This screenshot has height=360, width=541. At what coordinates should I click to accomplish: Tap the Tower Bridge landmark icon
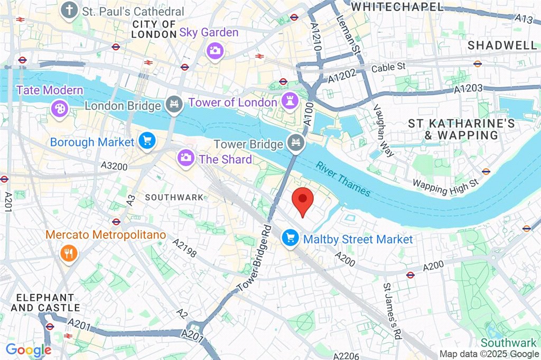[294, 142]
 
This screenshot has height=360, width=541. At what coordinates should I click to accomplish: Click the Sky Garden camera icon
[215, 51]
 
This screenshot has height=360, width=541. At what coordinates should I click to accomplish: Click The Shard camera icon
[185, 157]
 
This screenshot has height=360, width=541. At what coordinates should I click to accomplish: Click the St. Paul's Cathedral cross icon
[68, 10]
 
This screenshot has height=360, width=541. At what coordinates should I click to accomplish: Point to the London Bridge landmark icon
[172, 104]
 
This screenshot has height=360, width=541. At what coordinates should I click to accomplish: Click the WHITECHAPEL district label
[397, 6]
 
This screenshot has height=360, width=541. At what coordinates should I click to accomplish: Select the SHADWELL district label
[502, 45]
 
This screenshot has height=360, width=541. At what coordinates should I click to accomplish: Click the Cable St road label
[388, 68]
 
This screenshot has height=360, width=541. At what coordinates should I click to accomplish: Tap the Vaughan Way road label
[384, 130]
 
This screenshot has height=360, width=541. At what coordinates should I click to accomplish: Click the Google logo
[29, 349]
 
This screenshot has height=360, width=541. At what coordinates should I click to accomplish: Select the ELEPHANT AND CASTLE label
[45, 302]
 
